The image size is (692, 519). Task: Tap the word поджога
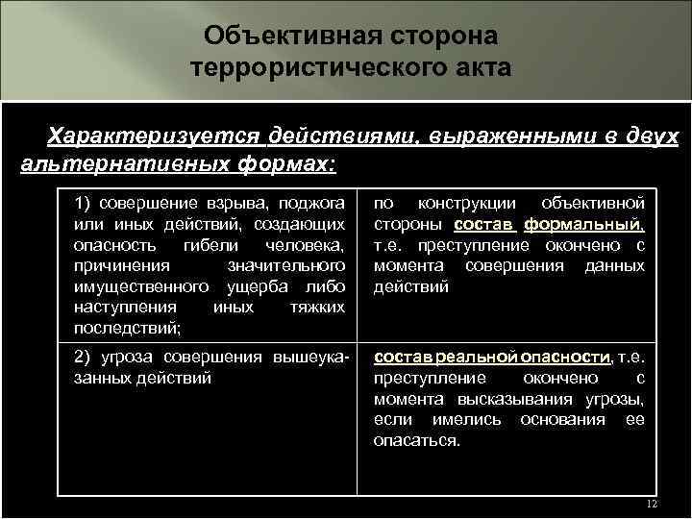pos(314,203)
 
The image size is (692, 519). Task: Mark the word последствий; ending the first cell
pos(127,328)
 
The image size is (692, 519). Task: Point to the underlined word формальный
pos(583,224)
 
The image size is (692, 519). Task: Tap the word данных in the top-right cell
pos(614,265)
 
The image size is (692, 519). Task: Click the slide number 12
pos(651,505)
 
